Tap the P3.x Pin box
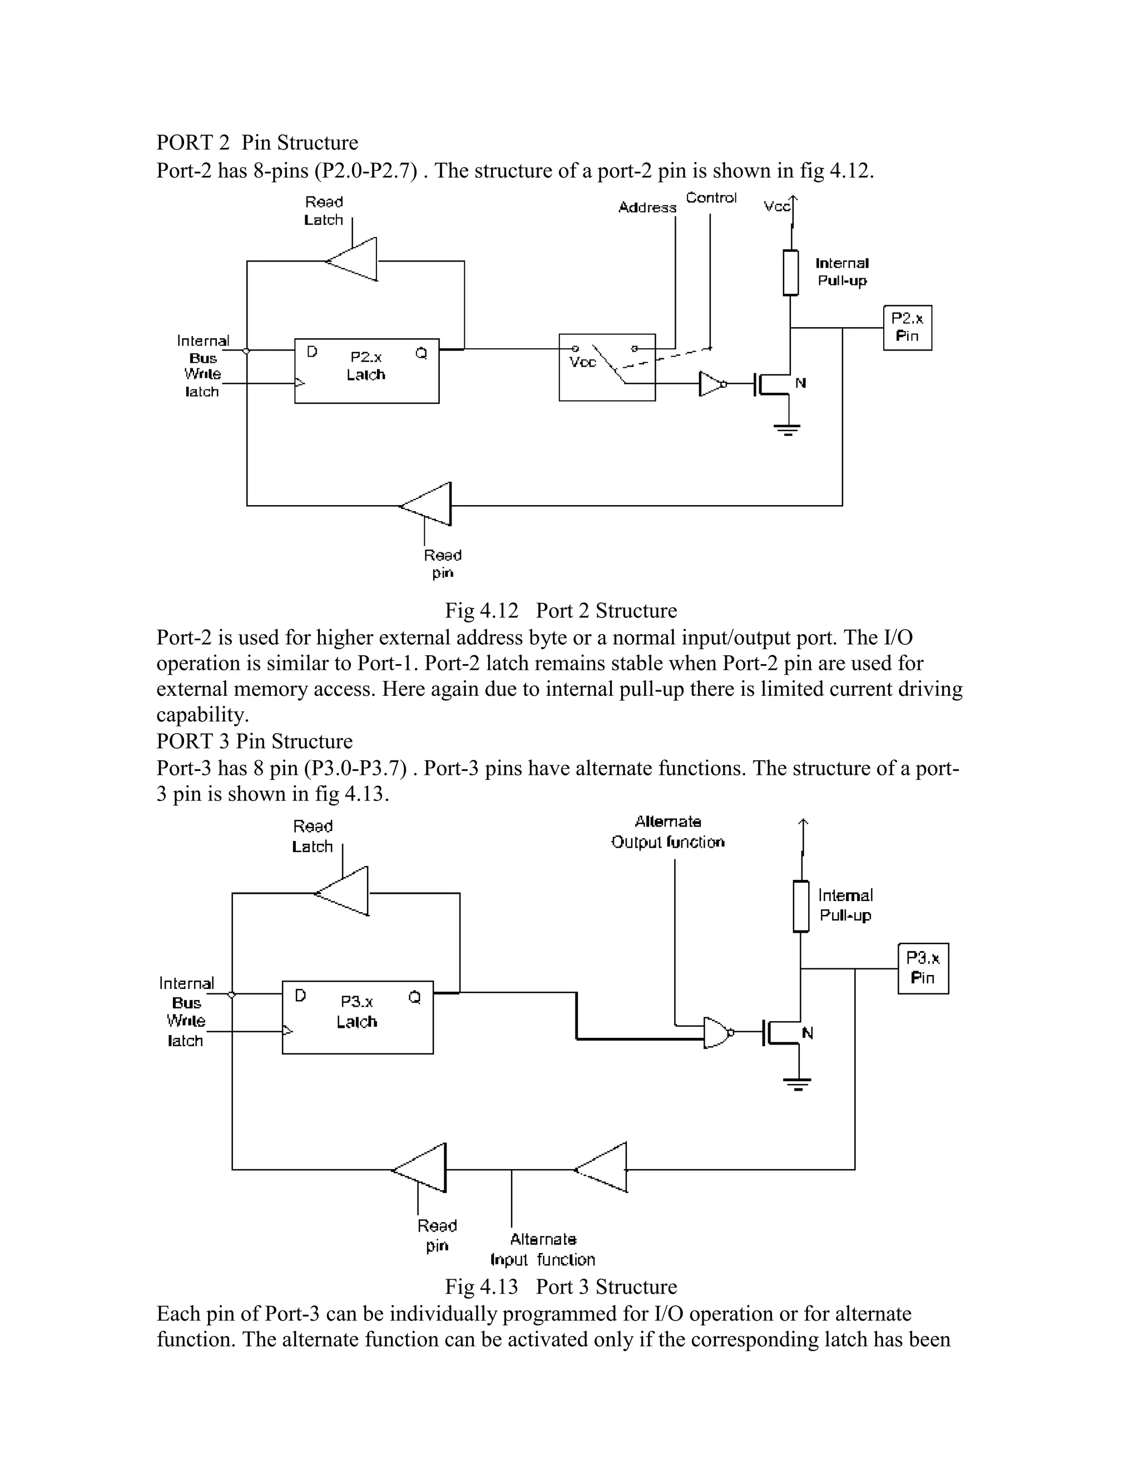click(x=923, y=968)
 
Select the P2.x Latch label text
click(x=367, y=366)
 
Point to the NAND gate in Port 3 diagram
click(x=716, y=1032)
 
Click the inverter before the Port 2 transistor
click(x=711, y=383)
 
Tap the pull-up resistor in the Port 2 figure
click(x=790, y=273)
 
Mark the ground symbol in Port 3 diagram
click(x=798, y=1083)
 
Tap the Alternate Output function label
click(x=667, y=832)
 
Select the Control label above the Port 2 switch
click(x=711, y=198)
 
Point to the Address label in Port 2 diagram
click(x=647, y=208)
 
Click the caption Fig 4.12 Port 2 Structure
click(x=560, y=610)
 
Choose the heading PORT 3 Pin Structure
click(x=254, y=741)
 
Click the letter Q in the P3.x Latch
click(x=414, y=997)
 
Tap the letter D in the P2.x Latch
click(x=312, y=352)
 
